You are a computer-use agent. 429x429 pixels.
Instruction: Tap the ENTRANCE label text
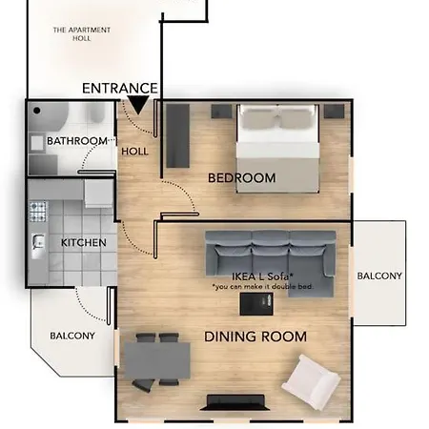pos(119,88)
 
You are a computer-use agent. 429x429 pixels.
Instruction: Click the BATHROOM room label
pos(77,141)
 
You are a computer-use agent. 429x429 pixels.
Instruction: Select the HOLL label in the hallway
pos(134,151)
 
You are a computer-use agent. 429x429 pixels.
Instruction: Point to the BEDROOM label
pos(242,178)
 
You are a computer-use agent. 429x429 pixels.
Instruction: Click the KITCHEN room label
pos(84,243)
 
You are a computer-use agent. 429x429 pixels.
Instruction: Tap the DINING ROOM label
pos(255,337)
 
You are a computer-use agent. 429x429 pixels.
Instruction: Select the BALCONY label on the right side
pos(379,276)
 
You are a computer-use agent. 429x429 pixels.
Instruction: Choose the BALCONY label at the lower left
pos(72,336)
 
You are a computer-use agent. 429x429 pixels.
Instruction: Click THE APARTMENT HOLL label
pos(81,35)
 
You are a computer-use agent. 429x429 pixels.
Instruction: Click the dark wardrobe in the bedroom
pos(177,133)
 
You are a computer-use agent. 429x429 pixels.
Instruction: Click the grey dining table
pos(157,359)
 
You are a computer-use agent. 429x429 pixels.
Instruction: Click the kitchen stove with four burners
pos(39,211)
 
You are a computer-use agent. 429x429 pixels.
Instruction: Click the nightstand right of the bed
pos(333,112)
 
